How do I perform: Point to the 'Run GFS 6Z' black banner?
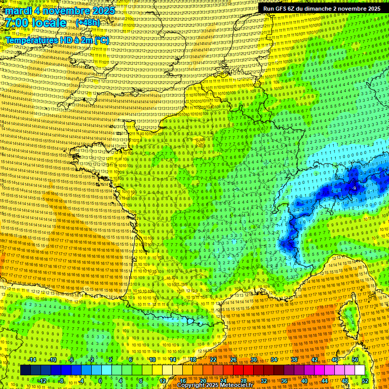pyautogui.click(x=322, y=9)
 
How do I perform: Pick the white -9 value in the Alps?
pyautogui.click(x=354, y=188)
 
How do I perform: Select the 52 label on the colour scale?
pyautogui.click(x=365, y=380)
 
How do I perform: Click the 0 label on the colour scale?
pyautogui.click(x=100, y=380)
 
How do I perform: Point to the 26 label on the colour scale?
pyautogui.click(x=234, y=360)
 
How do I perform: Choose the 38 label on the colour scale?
pyautogui.click(x=294, y=360)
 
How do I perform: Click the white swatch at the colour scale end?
pyautogui.click(x=360, y=370)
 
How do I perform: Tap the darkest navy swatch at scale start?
pyautogui.click(x=25, y=370)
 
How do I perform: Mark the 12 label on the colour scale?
pyautogui.click(x=163, y=380)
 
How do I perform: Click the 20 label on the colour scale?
pyautogui.click(x=203, y=380)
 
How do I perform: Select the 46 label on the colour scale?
pyautogui.click(x=335, y=360)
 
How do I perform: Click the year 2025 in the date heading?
pyautogui.click(x=101, y=11)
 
